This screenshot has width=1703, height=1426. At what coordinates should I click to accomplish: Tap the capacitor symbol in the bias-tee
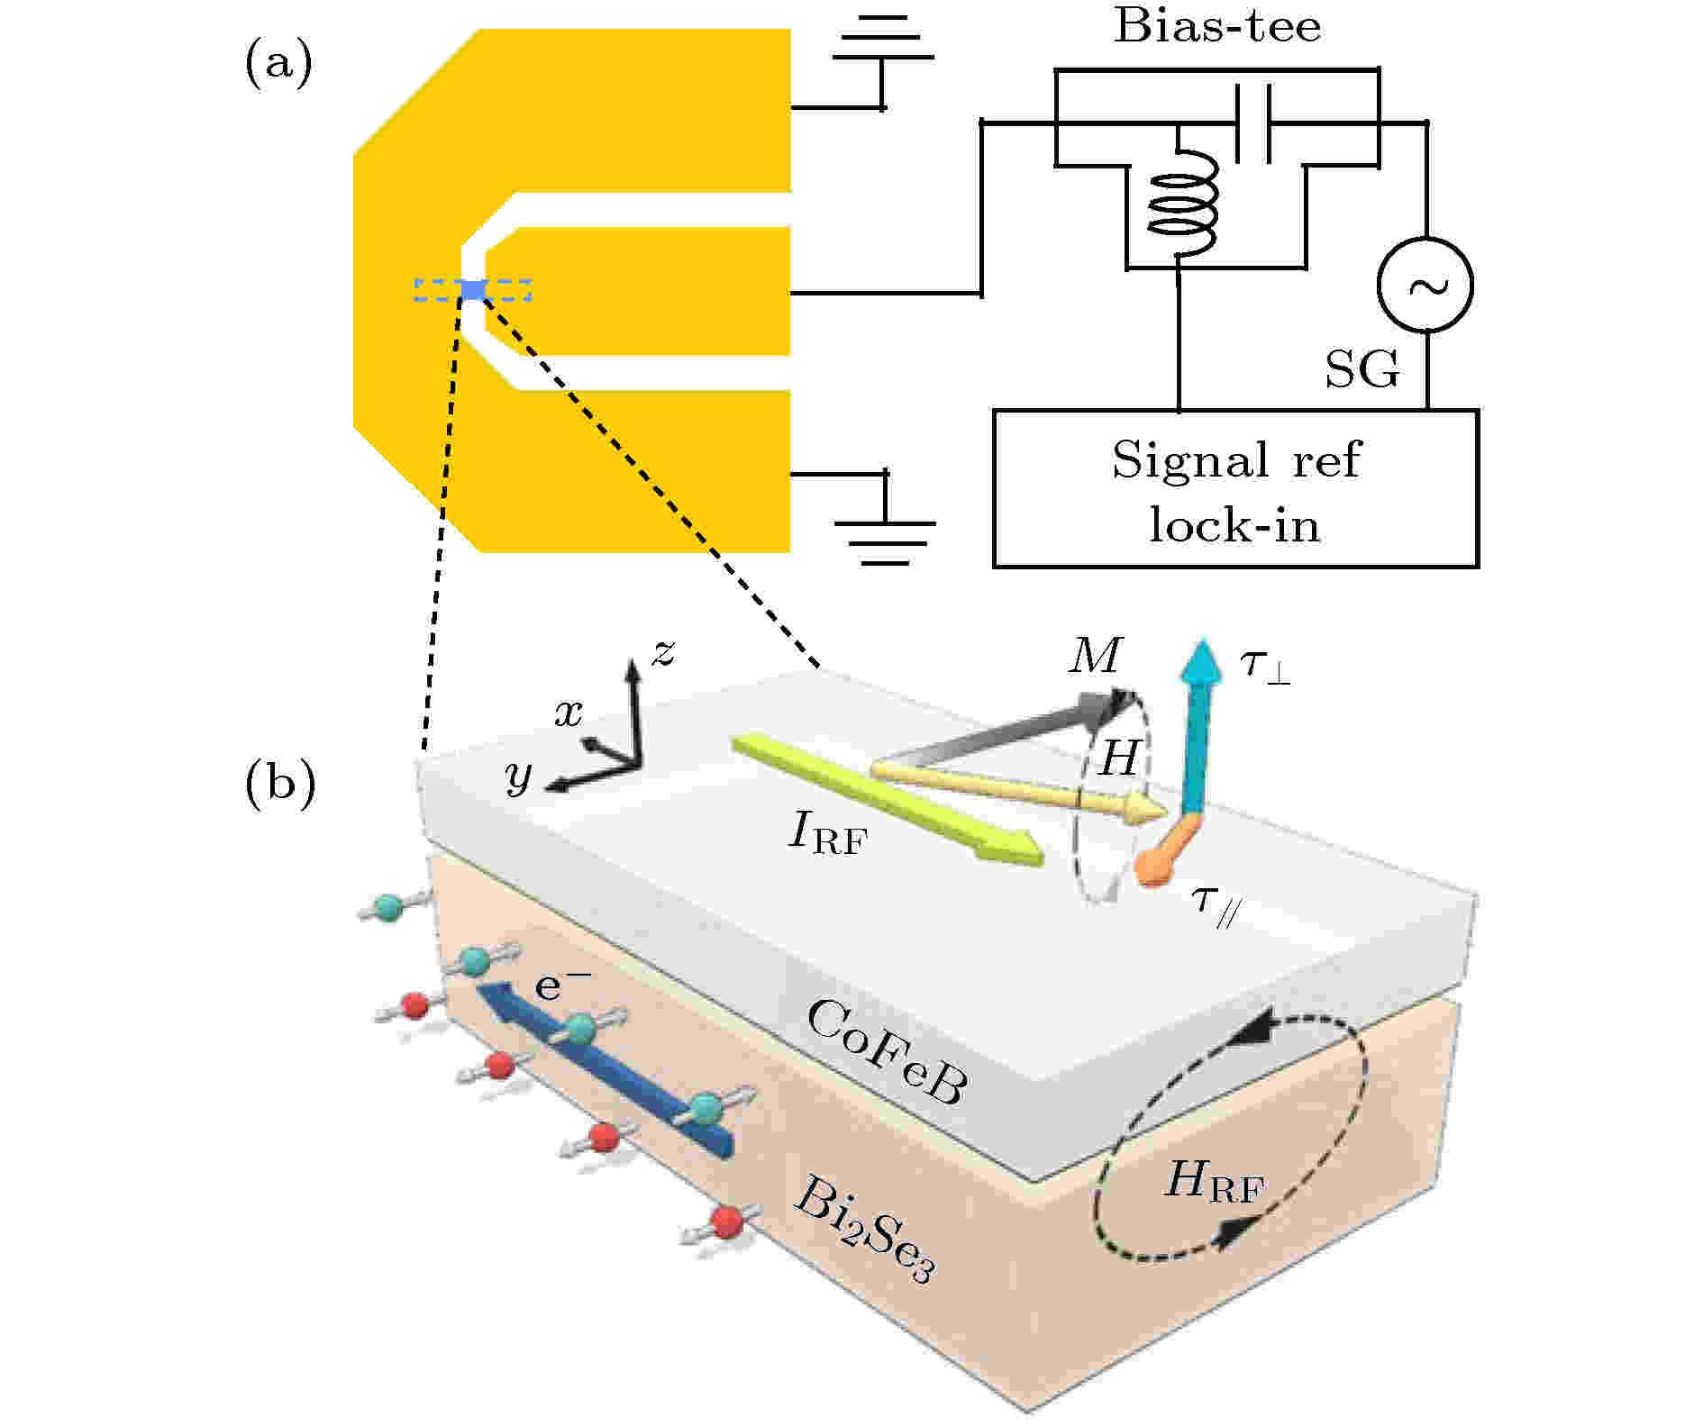click(1252, 123)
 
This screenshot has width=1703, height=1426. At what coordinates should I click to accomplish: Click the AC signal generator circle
click(1425, 285)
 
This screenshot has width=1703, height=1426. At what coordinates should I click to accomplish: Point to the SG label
click(1362, 368)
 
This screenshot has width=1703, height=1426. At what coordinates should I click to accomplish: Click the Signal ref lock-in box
click(1235, 488)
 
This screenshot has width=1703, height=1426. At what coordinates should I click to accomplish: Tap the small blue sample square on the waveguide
click(474, 290)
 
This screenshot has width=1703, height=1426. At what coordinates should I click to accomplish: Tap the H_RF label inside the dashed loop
click(1214, 1180)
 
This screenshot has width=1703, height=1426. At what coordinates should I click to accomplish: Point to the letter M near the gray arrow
click(1096, 656)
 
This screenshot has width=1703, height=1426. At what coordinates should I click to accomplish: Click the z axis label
click(664, 652)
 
